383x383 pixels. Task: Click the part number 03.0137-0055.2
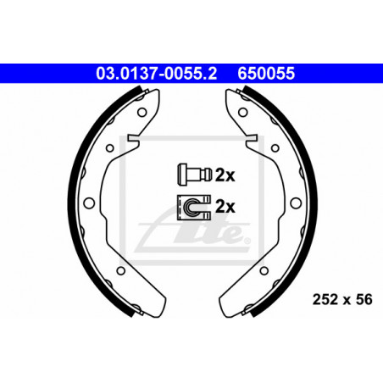coord(157,73)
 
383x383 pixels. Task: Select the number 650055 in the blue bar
coord(266,73)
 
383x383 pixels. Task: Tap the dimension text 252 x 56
coord(342,299)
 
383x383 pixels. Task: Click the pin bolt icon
coord(194,175)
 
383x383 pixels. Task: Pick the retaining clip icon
coord(194,208)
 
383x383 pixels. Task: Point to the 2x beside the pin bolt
coord(225,175)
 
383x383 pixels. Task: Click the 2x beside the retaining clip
coord(225,207)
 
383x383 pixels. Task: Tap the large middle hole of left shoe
coord(89,203)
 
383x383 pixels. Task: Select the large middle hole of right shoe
coord(296,203)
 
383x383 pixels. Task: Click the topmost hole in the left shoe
coord(142,112)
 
